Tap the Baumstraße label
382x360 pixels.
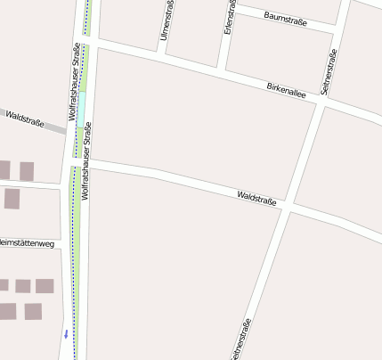pos(287,17)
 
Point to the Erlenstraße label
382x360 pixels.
pos(230,18)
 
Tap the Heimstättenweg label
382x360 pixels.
pos(28,242)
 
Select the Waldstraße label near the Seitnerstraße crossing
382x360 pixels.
pos(257,197)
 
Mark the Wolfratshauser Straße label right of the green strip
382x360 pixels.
pos(87,165)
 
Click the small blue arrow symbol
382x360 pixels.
pos(65,334)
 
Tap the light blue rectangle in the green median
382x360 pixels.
pos(81,110)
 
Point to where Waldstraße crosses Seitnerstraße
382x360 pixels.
pos(289,206)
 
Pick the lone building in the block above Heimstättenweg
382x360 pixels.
pos(12,199)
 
